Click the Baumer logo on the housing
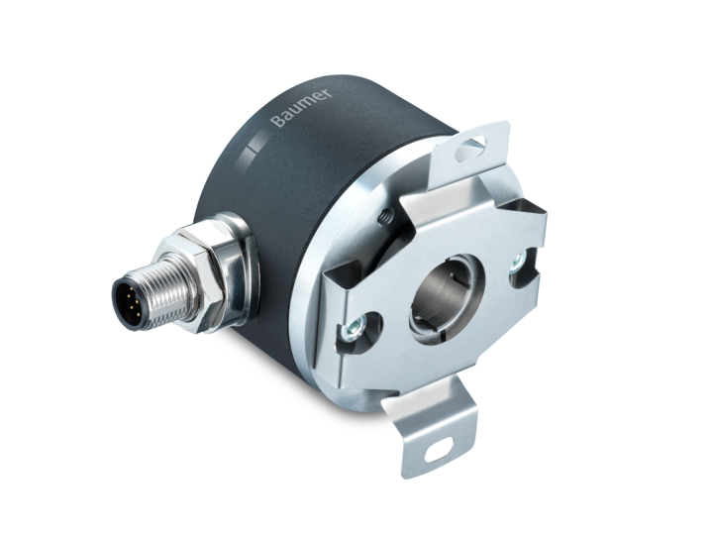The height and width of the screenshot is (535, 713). pyautogui.click(x=302, y=106)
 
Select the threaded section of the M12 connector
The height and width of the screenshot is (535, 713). pyautogui.click(x=170, y=290)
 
